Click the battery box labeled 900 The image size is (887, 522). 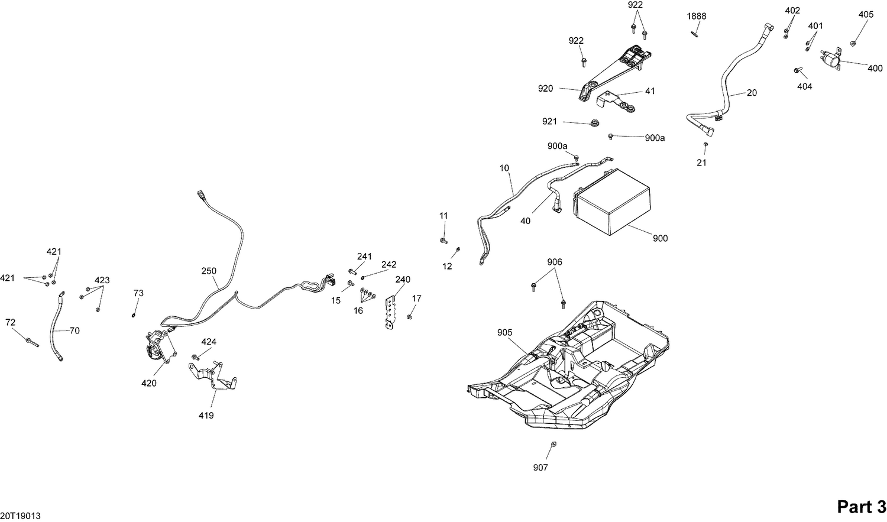pyautogui.click(x=612, y=210)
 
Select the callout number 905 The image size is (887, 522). pyautogui.click(x=504, y=333)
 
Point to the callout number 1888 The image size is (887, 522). pyautogui.click(x=696, y=16)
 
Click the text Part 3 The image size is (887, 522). pyautogui.click(x=861, y=507)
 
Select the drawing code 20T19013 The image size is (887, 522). pyautogui.click(x=21, y=515)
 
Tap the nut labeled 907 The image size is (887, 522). pyautogui.click(x=552, y=444)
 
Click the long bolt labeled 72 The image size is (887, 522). pyautogui.click(x=31, y=342)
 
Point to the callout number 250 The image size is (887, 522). pyautogui.click(x=208, y=271)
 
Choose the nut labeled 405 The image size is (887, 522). pyautogui.click(x=853, y=43)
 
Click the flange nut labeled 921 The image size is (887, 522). pyautogui.click(x=593, y=123)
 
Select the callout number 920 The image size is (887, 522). pyautogui.click(x=545, y=89)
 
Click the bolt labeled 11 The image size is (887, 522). pyautogui.click(x=443, y=240)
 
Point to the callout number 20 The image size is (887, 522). pyautogui.click(x=752, y=93)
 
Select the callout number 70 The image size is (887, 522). pyautogui.click(x=74, y=331)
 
